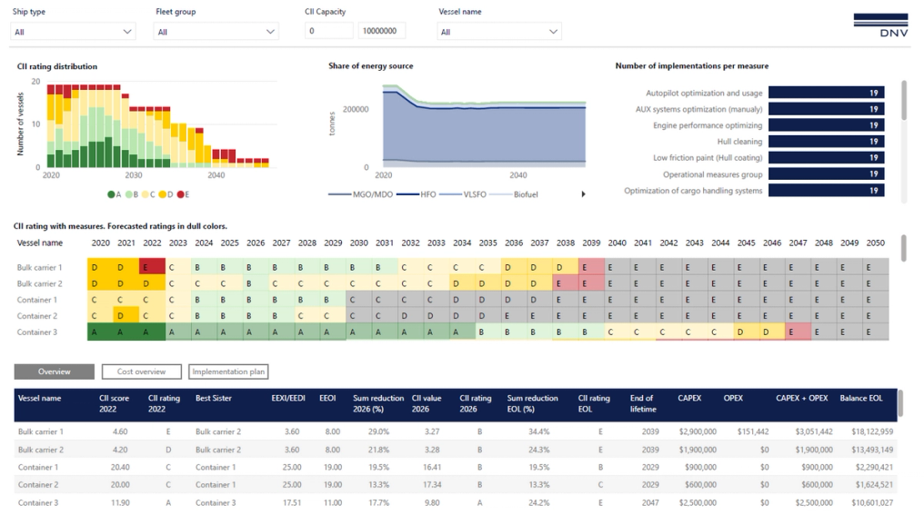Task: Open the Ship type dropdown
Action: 73,32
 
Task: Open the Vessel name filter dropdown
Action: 498,32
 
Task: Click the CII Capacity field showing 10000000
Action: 381,31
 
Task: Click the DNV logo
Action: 880,25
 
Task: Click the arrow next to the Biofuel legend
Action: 583,194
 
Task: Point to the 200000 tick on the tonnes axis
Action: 355,109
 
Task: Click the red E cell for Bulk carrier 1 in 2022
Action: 152,268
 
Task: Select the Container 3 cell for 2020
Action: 100,332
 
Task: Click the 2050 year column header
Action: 875,243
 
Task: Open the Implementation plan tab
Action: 228,371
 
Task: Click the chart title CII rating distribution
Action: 57,66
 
